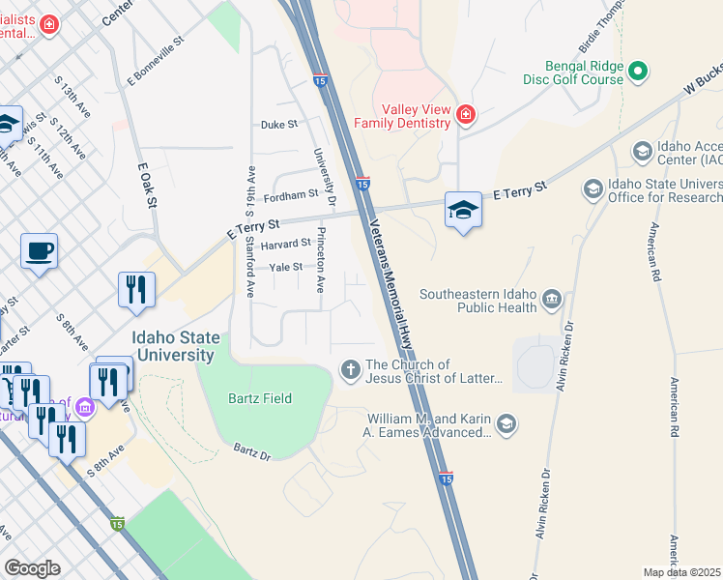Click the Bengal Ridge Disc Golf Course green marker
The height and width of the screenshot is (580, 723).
pos(638,71)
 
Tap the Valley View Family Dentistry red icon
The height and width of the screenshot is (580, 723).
pos(466,115)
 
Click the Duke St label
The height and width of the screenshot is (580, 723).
pos(279,125)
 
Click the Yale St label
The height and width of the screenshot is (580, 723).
pos(286,267)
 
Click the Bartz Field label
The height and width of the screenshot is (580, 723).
pos(260,398)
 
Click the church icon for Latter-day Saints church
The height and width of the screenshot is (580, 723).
pos(350,366)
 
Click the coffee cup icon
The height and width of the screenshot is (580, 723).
pos(39,251)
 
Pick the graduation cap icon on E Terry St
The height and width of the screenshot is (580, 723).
pos(463,209)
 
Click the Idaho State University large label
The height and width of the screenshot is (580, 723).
pos(174,347)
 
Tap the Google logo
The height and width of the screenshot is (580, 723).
pos(32,568)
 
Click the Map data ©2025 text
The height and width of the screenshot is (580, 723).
pos(681,572)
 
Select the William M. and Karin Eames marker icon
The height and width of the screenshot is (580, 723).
pos(506,423)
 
